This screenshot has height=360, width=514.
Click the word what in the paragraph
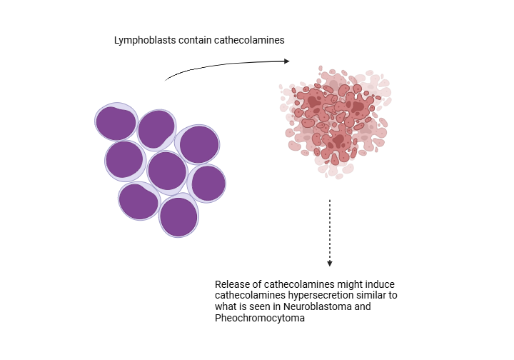click(226, 307)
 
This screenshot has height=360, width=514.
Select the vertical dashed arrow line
click(330, 229)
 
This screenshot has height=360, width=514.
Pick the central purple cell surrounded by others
click(167, 171)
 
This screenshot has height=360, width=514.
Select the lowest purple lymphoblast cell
click(178, 216)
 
